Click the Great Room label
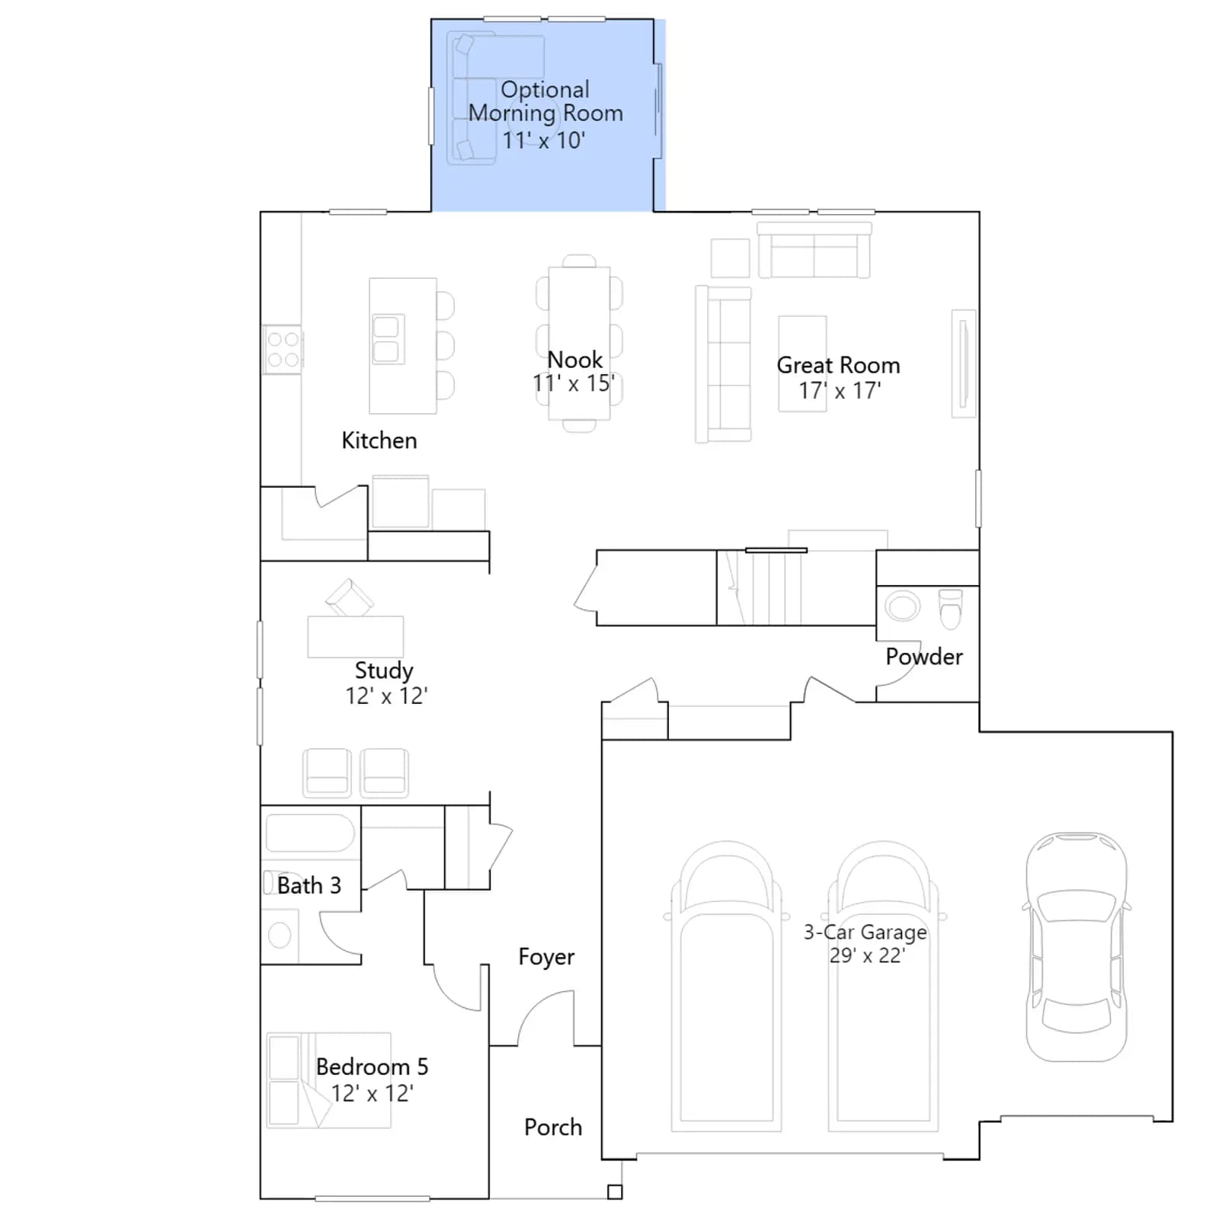(x=838, y=365)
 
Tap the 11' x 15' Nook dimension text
(x=574, y=383)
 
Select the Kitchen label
(x=379, y=440)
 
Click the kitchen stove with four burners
(x=283, y=350)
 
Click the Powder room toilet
(x=950, y=608)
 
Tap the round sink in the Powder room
(x=902, y=606)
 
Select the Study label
(x=384, y=670)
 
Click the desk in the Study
(x=355, y=636)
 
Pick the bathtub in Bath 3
(x=309, y=833)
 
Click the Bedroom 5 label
(x=372, y=1067)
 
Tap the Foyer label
(x=546, y=957)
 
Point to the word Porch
(x=552, y=1127)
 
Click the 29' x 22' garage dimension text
(x=867, y=955)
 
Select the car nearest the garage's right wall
(x=1076, y=947)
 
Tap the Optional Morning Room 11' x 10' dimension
(x=543, y=140)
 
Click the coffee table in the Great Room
(x=802, y=364)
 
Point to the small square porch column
(x=615, y=1192)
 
